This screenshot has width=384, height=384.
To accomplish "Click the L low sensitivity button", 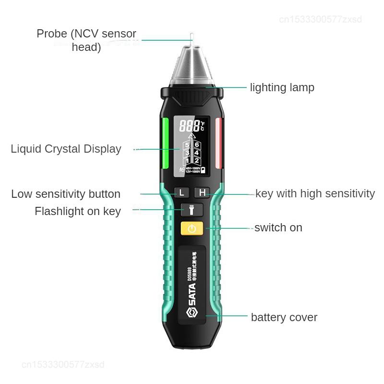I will point(181,193).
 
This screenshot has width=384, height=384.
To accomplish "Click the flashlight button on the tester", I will point(192,210).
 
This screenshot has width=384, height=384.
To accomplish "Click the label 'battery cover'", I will point(284,317).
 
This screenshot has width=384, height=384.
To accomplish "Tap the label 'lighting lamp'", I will point(282,87).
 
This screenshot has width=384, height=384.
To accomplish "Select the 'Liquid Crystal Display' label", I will point(66,149).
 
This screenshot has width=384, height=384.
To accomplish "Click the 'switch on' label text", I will point(278,228).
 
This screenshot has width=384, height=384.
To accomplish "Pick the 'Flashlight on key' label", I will point(77,211).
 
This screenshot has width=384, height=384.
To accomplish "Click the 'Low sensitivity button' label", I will point(66,194).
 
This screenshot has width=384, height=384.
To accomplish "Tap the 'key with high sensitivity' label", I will point(314,193).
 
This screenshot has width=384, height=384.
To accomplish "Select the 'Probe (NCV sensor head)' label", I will point(86,40).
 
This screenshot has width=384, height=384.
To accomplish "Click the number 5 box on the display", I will point(187,145).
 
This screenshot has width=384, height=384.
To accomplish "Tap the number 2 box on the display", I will point(197,161).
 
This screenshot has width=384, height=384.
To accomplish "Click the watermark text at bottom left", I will point(63,365).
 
